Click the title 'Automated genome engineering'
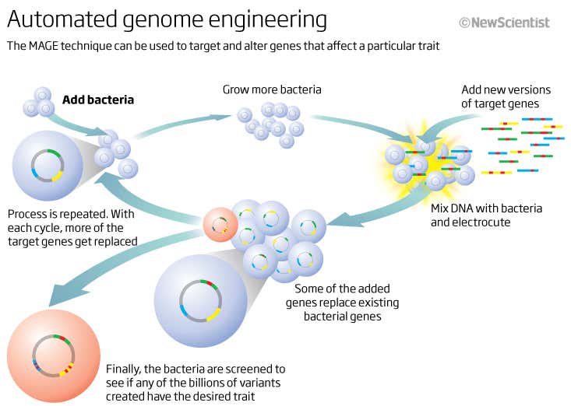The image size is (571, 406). (167, 19)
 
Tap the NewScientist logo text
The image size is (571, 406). (509, 23)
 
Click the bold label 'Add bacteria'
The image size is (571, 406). (98, 100)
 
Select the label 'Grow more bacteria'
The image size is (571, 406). (272, 89)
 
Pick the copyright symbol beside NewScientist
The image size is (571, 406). (464, 23)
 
